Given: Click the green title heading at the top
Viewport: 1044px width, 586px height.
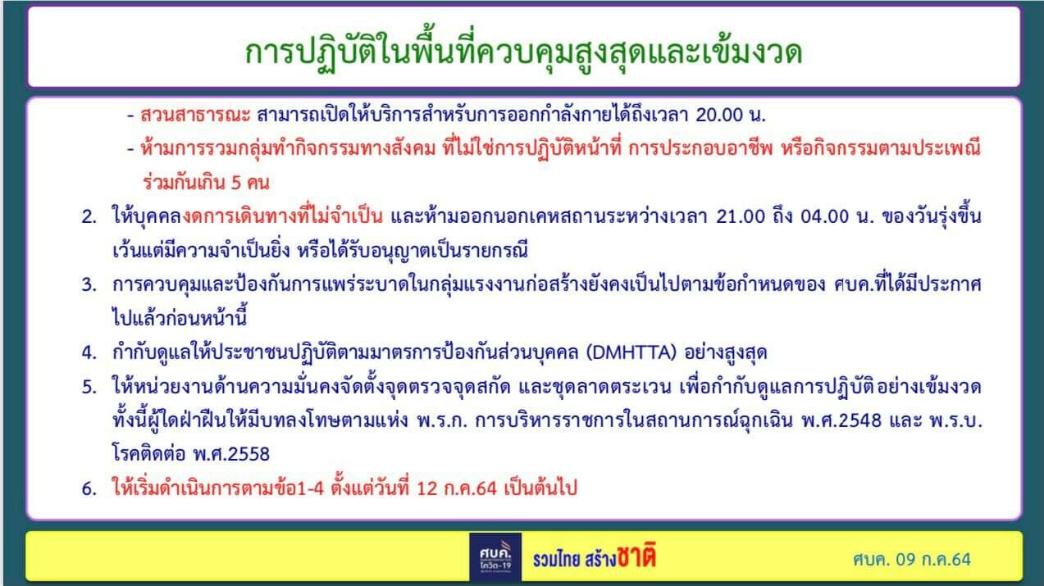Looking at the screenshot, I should tap(523, 52).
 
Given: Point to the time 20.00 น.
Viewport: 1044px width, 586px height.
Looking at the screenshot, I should tap(730, 114).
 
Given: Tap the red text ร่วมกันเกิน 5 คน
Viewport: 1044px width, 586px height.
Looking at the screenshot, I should tap(206, 180).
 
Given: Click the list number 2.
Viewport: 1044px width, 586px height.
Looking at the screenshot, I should tap(89, 218).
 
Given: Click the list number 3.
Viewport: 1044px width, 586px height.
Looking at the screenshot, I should tap(89, 284).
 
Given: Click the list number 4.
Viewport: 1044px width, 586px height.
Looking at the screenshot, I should tap(89, 352).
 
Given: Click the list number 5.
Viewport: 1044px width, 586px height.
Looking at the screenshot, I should tap(89, 386).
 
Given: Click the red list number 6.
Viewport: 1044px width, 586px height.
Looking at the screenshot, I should tap(89, 488).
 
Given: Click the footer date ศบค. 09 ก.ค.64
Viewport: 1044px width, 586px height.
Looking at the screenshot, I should tap(911, 560).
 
